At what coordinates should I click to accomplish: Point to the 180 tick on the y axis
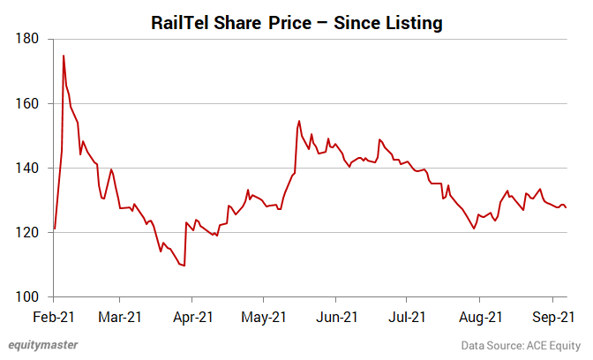(27, 39)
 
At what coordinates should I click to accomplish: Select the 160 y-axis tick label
(27, 103)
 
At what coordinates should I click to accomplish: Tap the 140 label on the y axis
(27, 168)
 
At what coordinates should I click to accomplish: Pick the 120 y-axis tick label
(27, 232)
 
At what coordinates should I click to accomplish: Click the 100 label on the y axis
(27, 296)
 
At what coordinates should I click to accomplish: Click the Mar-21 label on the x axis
(120, 315)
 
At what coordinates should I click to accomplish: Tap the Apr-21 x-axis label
(192, 315)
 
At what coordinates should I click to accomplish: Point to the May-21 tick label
(264, 315)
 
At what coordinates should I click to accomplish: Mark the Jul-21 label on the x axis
(408, 315)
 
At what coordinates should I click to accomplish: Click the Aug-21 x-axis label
(480, 315)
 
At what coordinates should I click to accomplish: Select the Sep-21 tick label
(552, 315)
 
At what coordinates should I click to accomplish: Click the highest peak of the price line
(64, 56)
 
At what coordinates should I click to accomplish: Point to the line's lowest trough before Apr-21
(184, 266)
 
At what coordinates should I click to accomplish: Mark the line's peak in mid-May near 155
(299, 121)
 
